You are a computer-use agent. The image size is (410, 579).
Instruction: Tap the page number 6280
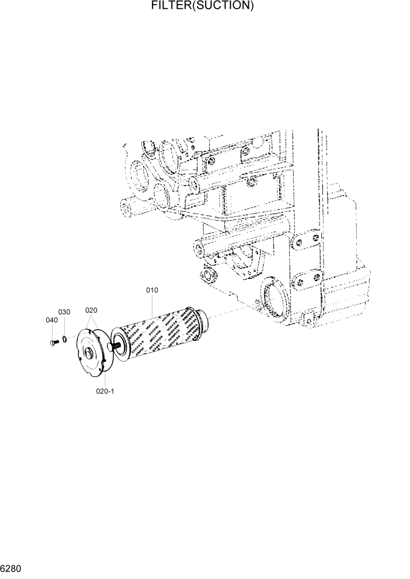coord(11,568)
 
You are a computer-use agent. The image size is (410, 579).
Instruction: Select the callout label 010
coord(152,290)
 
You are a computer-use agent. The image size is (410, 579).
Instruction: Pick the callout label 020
coord(91,310)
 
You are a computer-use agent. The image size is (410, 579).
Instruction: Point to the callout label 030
coord(64,312)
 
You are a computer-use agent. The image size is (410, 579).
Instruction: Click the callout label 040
coord(51,320)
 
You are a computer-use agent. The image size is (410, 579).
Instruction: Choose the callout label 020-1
coord(105,391)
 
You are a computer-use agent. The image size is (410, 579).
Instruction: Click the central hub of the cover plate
coord(91,354)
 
